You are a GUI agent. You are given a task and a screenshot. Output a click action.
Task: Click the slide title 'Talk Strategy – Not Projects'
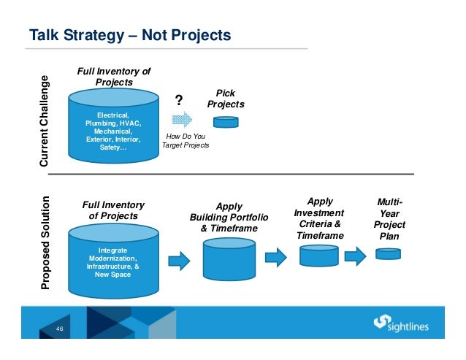pyautogui.click(x=129, y=35)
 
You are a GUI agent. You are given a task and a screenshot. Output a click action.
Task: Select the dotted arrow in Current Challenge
pyautogui.click(x=182, y=119)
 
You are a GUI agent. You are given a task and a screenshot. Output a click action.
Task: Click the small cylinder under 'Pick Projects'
pyautogui.click(x=226, y=122)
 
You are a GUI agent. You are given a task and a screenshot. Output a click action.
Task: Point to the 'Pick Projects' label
pyautogui.click(x=226, y=99)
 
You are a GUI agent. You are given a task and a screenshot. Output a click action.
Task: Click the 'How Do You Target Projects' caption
pyautogui.click(x=186, y=141)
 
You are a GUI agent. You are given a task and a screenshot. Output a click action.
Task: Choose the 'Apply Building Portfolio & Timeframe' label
pyautogui.click(x=229, y=218)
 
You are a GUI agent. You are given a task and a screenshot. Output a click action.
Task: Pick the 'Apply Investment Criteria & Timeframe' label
pyautogui.click(x=319, y=218)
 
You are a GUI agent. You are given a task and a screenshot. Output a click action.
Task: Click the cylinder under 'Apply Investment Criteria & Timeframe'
pyautogui.click(x=319, y=255)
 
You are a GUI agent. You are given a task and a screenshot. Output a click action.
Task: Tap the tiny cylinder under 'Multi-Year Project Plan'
pyautogui.click(x=388, y=254)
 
